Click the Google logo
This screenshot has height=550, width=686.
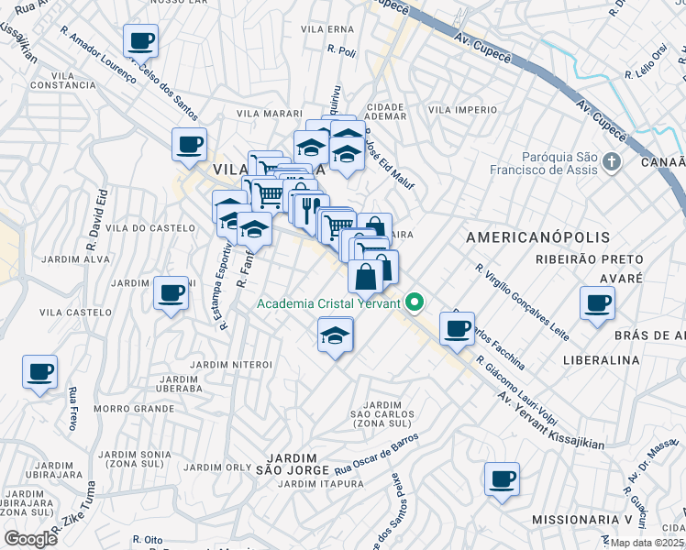[31, 538]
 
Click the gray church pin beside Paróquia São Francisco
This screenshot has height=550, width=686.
[613, 163]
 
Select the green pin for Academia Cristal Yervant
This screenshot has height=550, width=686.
[415, 302]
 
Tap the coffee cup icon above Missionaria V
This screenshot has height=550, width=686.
[503, 478]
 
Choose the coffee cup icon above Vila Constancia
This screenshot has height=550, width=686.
[141, 40]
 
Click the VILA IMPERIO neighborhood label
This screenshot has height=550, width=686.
[462, 110]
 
